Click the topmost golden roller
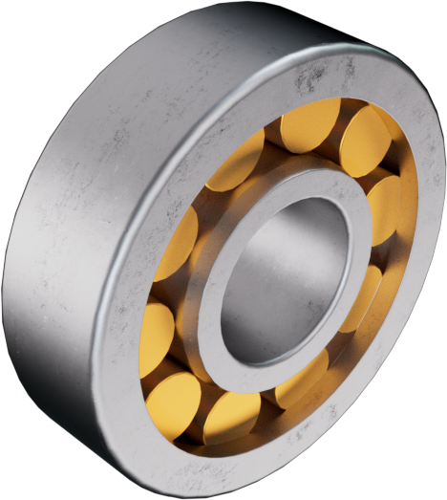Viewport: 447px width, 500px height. (x=311, y=124)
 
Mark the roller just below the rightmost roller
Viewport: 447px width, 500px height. (x=361, y=297)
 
